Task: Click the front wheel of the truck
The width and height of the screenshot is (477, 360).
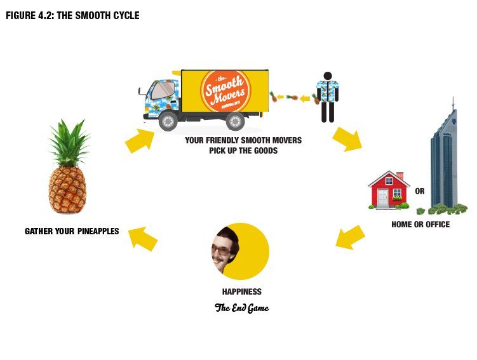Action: (x=168, y=120)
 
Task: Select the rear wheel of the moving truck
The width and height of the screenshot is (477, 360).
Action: (x=235, y=120)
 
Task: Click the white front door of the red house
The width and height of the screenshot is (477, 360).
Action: (x=382, y=199)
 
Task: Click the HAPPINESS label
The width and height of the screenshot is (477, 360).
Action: (x=241, y=291)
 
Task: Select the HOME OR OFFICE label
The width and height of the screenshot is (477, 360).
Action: (x=420, y=225)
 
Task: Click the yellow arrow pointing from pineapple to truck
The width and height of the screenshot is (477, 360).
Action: (x=139, y=142)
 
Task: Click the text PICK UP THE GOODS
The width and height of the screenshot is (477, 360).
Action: (x=243, y=151)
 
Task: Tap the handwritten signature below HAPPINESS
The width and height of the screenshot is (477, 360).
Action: (x=241, y=309)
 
